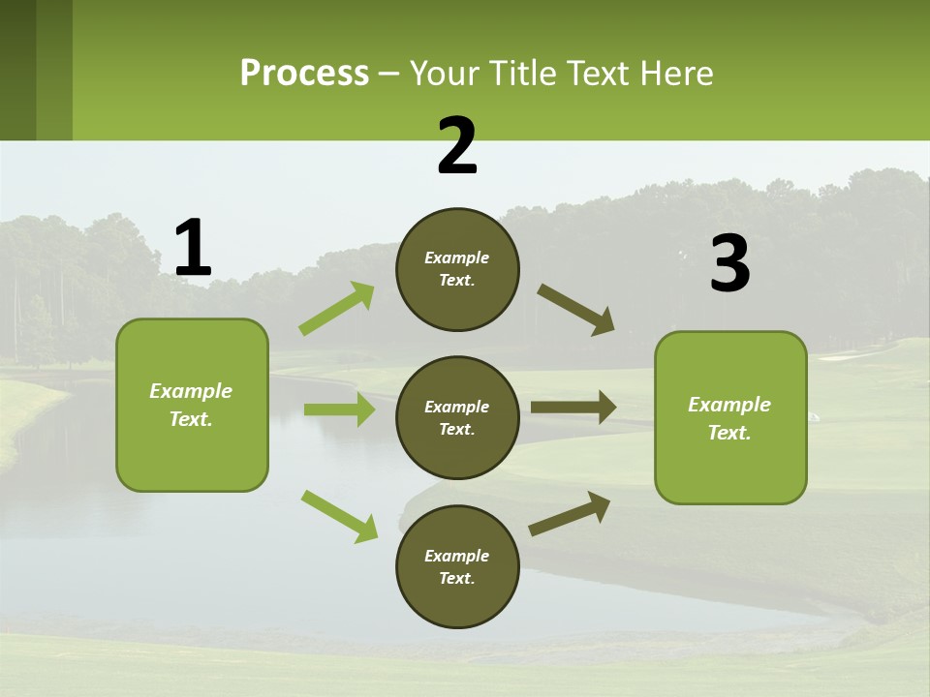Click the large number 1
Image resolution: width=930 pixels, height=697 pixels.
click(193, 248)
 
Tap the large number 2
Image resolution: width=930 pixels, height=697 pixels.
click(457, 146)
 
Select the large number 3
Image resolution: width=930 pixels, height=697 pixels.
click(729, 264)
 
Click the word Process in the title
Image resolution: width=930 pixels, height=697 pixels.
click(304, 73)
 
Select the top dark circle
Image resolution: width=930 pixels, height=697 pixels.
click(457, 269)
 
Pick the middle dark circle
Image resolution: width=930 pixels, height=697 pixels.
click(457, 417)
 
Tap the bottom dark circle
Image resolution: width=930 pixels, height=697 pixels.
click(457, 566)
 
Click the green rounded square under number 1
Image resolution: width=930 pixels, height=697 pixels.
click(192, 405)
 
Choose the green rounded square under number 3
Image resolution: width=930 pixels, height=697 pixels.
click(730, 417)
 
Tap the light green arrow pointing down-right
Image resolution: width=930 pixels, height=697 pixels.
click(339, 515)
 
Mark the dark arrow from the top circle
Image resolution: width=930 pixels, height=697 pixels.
click(576, 309)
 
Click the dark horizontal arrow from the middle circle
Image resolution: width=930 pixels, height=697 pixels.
click(573, 407)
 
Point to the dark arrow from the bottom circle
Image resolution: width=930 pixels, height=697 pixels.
click(570, 513)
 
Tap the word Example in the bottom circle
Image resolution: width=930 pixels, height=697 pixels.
click(456, 556)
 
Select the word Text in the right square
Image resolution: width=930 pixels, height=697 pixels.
click(728, 433)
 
